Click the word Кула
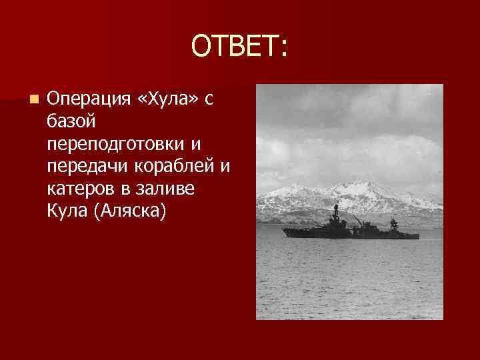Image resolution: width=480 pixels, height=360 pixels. point(67,211)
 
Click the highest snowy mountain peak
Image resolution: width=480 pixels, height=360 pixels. point(360,183)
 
